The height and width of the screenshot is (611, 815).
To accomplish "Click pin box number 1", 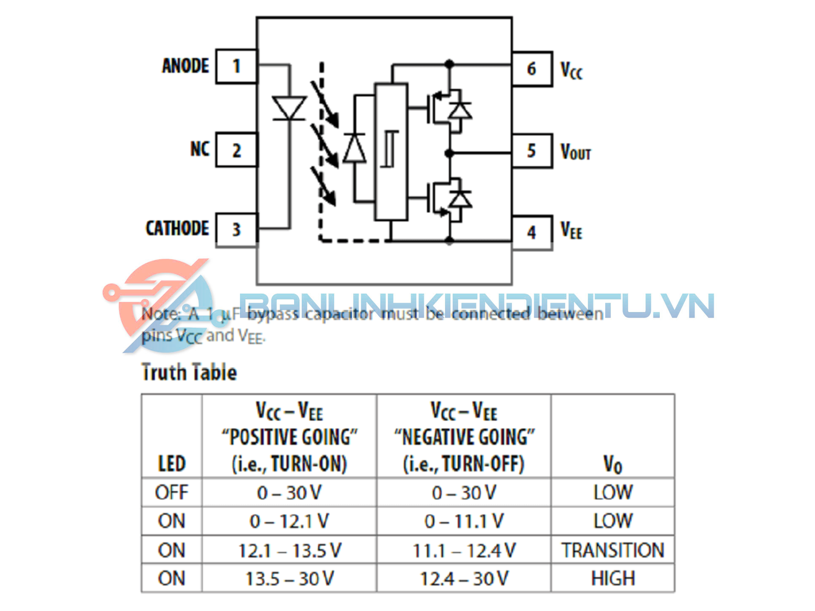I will click(236, 66).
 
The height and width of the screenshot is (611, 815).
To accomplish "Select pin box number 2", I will click(236, 150).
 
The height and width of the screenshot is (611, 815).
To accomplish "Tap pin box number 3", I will click(236, 230).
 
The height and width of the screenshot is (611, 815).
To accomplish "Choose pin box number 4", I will click(532, 233).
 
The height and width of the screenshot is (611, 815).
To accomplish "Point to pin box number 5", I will click(532, 151).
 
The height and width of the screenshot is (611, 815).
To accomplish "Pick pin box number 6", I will click(532, 69).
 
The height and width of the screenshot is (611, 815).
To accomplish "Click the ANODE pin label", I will click(185, 66).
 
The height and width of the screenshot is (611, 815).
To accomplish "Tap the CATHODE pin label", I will click(177, 229).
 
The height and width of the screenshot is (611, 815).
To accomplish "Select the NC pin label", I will click(200, 149).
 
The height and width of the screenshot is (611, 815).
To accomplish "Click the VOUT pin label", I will click(575, 152).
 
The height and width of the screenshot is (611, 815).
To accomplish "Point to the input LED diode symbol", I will click(289, 108).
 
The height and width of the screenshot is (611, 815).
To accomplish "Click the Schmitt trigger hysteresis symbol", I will click(391, 149).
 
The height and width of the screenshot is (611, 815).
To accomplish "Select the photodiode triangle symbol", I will click(354, 149).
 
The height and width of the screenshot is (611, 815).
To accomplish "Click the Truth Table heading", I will click(189, 373).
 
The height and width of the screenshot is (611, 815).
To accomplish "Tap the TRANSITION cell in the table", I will click(612, 550).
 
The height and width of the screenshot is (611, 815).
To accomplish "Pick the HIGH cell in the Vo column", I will click(612, 578).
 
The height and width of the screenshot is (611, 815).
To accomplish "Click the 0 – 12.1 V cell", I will click(289, 521).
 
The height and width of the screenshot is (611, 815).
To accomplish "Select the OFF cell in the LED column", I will click(172, 492).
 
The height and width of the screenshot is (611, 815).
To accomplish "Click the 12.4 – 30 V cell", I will click(464, 578).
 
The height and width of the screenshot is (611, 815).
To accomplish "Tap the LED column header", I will click(172, 464).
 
